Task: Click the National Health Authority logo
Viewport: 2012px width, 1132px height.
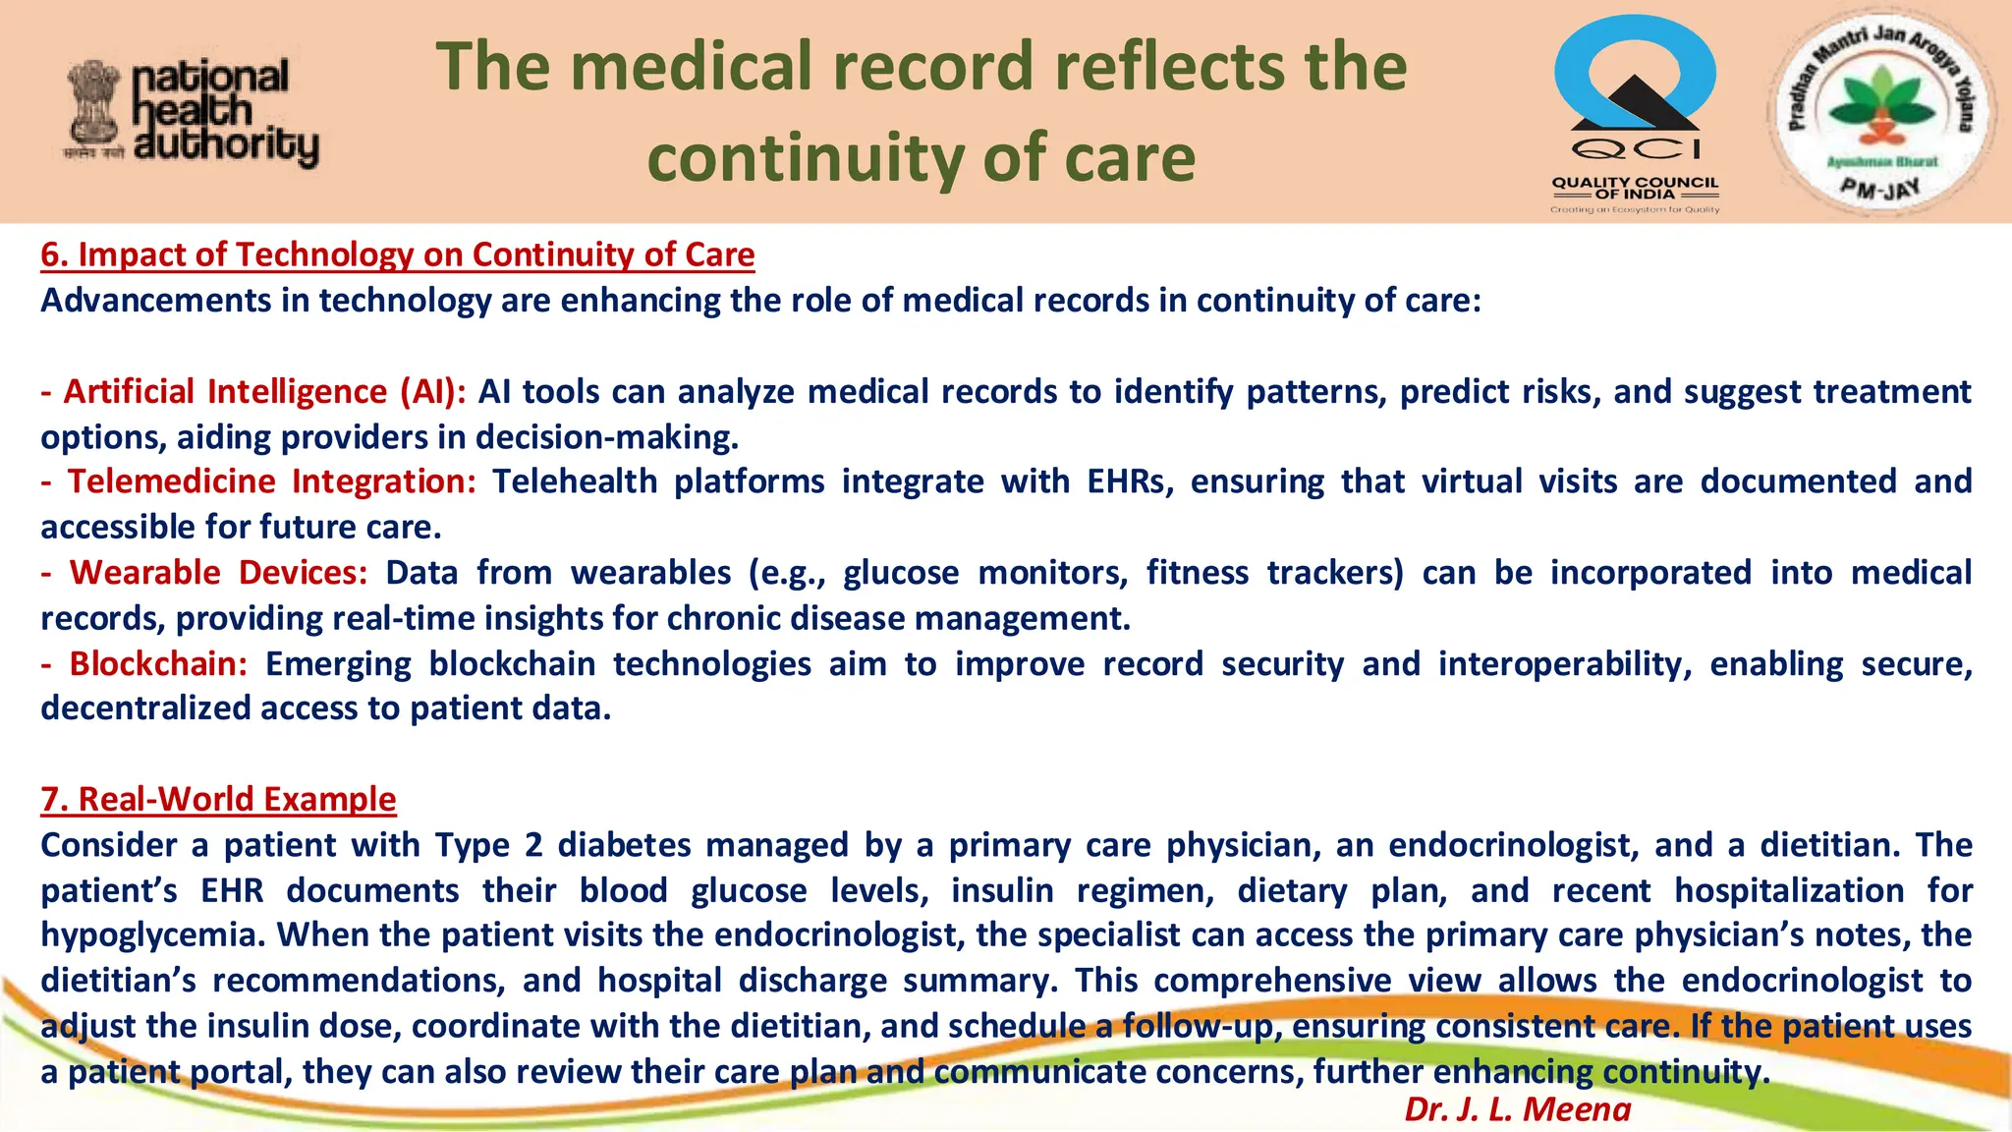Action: [193, 114]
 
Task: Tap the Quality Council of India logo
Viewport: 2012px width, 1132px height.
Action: [1635, 114]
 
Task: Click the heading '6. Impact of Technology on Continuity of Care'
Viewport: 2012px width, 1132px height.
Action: [397, 255]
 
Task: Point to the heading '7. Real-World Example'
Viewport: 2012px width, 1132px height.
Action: [218, 799]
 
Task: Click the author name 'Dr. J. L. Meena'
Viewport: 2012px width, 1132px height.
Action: [1517, 1108]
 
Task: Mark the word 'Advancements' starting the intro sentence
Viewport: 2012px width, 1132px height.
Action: [156, 300]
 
